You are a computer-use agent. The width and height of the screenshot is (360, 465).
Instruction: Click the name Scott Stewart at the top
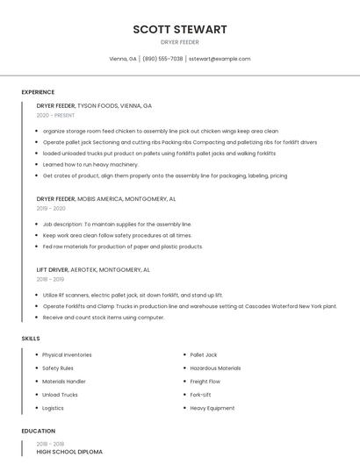pos(180,29)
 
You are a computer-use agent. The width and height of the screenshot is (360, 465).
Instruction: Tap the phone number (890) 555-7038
pos(162,59)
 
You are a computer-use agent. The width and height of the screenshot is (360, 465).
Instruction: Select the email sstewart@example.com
pos(220,59)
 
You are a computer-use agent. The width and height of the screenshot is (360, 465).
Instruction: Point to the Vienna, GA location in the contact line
pos(123,59)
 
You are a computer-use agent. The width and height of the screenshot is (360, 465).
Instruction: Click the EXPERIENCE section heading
pos(38,92)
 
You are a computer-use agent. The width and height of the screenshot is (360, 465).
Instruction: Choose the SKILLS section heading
pos(31,338)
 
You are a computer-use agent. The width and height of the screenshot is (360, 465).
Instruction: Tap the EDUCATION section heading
pos(38,431)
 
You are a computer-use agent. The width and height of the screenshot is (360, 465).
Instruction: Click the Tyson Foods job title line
pos(94,105)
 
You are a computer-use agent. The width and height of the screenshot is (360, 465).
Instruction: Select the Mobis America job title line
pos(106,199)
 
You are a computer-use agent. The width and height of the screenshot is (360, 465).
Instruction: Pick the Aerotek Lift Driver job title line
pos(93,270)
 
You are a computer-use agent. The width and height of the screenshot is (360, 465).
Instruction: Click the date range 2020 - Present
pos(55,115)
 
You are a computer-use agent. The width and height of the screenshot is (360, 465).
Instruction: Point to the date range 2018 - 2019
pos(51,279)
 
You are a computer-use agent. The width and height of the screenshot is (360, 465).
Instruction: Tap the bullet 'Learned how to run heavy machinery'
pos(90,164)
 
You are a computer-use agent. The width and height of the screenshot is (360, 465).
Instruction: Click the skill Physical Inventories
pos(67,354)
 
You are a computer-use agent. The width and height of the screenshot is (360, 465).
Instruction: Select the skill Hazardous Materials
pos(215,368)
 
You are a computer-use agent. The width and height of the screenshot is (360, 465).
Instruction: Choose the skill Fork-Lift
pos(200,395)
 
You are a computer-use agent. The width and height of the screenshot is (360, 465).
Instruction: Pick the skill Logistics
pos(53,408)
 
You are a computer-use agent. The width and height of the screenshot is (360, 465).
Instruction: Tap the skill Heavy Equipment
pos(212,408)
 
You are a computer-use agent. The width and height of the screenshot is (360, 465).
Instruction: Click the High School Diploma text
pos(69,452)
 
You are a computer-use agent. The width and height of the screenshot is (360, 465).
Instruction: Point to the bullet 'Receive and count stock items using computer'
pos(103,318)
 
